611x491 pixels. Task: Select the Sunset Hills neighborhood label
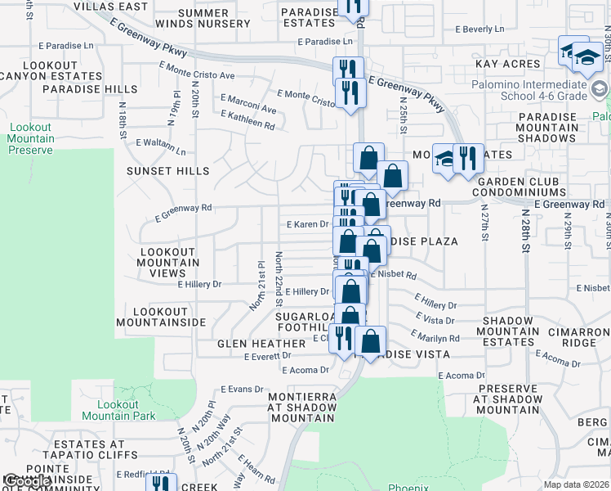[167, 171]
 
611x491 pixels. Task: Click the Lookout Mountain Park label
[126, 410]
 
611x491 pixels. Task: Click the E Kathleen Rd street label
[248, 122]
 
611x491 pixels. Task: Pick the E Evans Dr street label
[243, 390]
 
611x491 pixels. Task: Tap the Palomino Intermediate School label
[528, 90]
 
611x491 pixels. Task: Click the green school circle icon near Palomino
[600, 88]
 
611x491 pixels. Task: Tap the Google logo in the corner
[25, 482]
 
